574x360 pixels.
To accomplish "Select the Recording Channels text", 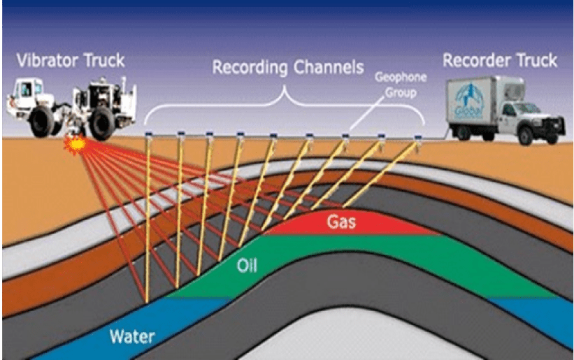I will point(287,68).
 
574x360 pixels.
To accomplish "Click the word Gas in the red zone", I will point(343,223).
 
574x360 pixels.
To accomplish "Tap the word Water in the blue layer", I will point(132,336).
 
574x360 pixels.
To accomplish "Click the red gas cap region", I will point(378,225).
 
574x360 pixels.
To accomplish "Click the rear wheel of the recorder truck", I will point(466,132).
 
